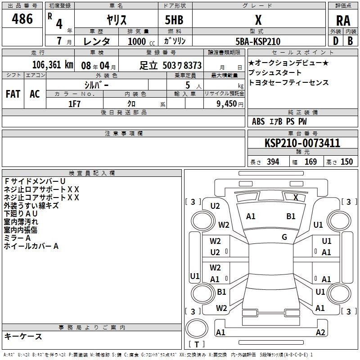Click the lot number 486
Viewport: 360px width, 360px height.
[22, 19]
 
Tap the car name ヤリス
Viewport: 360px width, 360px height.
[117, 20]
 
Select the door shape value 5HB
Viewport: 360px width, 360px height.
[174, 20]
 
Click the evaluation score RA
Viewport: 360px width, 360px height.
[343, 21]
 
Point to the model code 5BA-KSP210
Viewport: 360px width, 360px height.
[258, 41]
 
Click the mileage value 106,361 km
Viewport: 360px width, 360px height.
[53, 65]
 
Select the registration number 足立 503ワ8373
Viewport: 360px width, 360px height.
[171, 66]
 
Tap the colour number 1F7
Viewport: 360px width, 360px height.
[74, 104]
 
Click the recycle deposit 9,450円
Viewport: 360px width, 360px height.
[230, 104]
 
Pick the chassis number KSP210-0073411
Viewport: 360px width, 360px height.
[302, 143]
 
